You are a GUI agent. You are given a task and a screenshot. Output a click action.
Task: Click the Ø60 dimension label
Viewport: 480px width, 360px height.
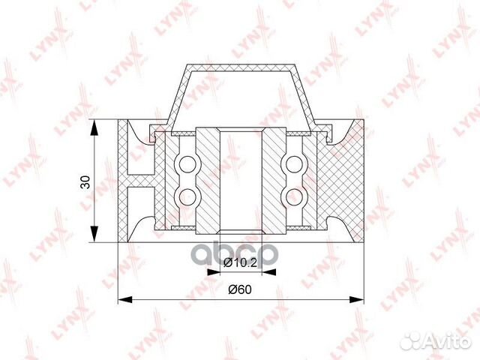coord(240,289)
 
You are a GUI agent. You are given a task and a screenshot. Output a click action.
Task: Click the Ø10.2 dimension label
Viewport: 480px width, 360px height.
coord(240,262)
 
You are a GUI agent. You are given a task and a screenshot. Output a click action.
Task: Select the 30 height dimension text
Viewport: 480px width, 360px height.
coord(85,181)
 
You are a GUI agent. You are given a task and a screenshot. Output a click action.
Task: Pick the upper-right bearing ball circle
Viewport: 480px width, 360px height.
coord(294,164)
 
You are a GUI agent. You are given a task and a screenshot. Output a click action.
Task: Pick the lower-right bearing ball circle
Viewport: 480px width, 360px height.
coord(294,196)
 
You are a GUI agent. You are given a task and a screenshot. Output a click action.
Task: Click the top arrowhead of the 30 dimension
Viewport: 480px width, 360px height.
coord(94,127)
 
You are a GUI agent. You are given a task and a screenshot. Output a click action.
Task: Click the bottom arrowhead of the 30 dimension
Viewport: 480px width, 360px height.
coord(94,235)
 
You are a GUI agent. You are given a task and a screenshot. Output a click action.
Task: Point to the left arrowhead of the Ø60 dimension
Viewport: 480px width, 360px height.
coord(125,299)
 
